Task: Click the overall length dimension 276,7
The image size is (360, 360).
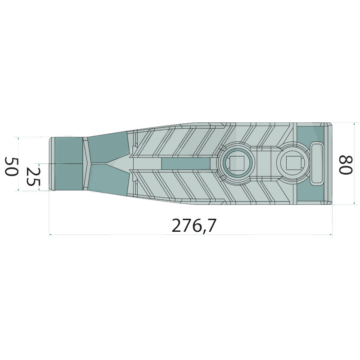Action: coord(194,225)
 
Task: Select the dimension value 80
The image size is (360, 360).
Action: coord(346,165)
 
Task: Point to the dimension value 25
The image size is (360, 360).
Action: coord(33,176)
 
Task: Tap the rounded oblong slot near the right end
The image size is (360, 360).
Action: coord(317,163)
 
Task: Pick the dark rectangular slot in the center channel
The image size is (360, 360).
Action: coord(186,163)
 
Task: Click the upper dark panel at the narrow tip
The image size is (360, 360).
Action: coord(68,150)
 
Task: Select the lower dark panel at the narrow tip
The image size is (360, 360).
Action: coord(68,177)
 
